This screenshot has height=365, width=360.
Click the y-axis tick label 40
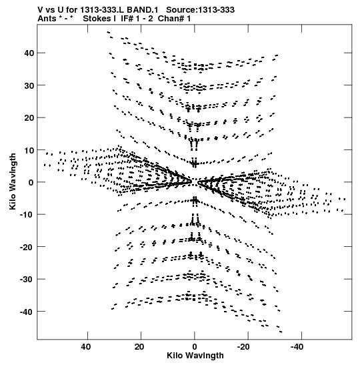click(29, 53)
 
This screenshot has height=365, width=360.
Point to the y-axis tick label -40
click(27, 312)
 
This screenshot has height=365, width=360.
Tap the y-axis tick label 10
click(29, 150)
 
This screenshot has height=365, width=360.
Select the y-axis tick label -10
click(27, 214)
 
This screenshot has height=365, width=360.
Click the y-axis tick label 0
click(31, 183)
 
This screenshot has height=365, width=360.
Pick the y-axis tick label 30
click(29, 85)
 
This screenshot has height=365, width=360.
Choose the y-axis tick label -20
click(27, 247)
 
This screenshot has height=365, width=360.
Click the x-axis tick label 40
click(85, 347)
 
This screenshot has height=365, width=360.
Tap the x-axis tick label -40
click(297, 347)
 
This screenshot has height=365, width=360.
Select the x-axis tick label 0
click(195, 347)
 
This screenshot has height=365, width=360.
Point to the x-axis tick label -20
click(243, 347)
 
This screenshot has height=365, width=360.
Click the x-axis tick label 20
click(139, 347)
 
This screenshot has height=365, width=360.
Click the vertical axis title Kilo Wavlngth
click(13, 181)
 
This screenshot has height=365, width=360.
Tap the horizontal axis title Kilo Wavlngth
click(195, 356)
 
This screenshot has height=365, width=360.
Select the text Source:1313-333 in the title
click(200, 10)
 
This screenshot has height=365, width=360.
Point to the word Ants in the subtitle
click(47, 19)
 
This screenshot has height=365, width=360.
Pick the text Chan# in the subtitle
click(171, 19)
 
